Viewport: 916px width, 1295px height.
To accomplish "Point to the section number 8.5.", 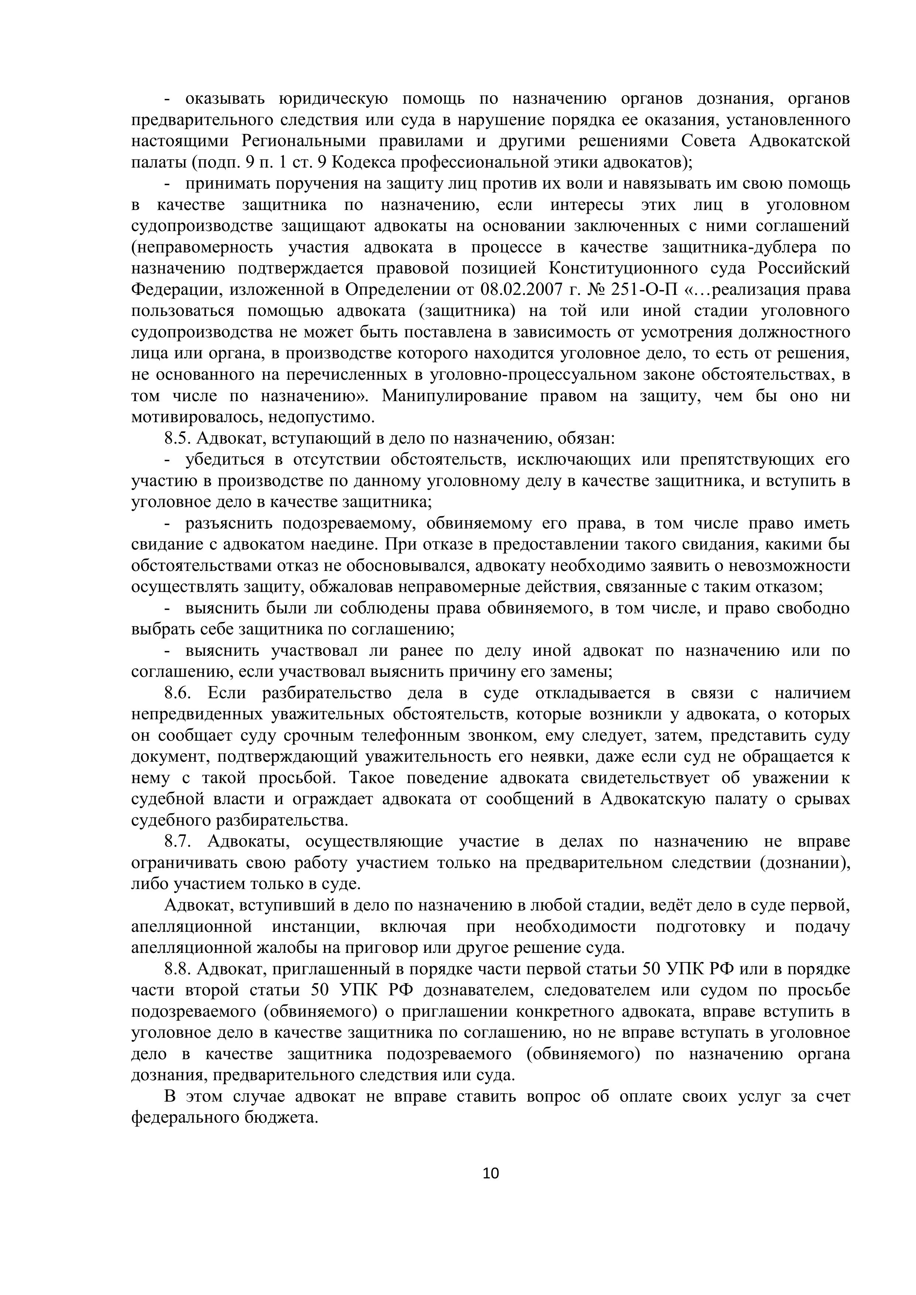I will [178, 438].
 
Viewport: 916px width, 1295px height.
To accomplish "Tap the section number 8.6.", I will [178, 693].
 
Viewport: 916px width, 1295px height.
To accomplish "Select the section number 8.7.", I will [178, 841].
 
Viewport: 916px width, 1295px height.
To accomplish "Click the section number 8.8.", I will [178, 969].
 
